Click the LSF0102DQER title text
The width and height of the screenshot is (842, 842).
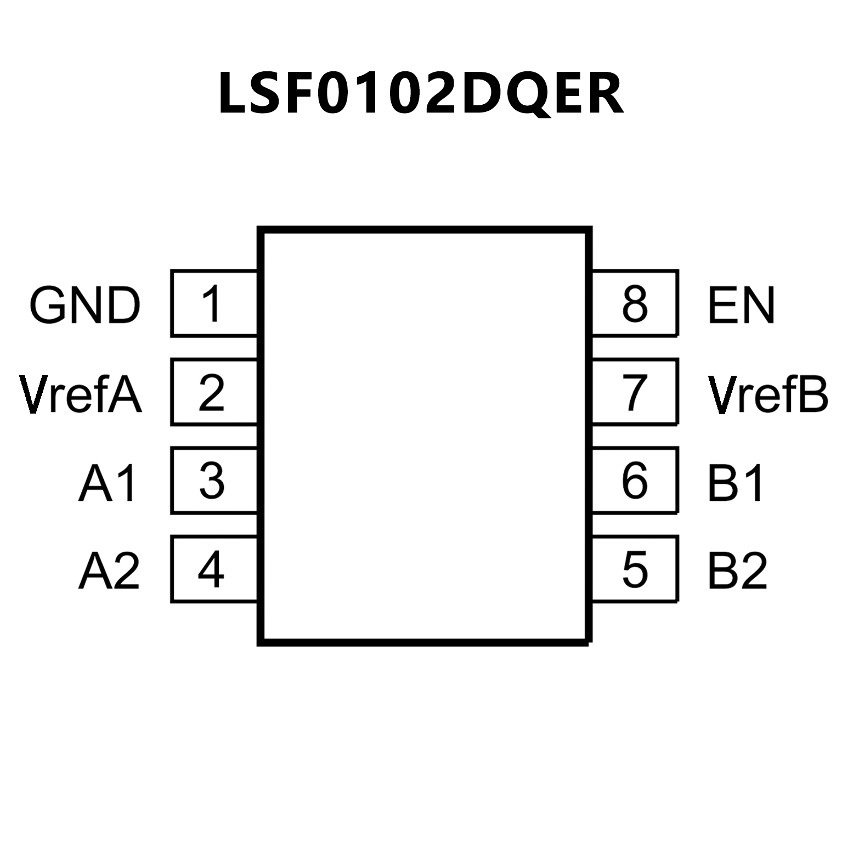pos(421,93)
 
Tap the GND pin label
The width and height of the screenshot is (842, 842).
pos(85,305)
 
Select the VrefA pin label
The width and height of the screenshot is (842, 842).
pos(81,394)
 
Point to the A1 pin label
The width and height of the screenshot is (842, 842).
pos(108,483)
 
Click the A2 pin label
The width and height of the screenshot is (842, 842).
pos(109,571)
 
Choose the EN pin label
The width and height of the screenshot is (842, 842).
pos(741,305)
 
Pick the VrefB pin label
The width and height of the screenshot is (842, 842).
pos(767,394)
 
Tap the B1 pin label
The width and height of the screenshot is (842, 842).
pos(736,483)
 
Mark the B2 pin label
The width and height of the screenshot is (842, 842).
pos(737,571)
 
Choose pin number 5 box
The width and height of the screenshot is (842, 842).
pos(635,569)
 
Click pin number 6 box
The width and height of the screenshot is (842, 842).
pos(635,481)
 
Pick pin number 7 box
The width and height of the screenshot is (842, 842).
pos(635,392)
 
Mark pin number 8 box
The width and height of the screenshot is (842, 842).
pos(635,303)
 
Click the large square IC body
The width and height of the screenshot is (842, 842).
pos(425,436)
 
